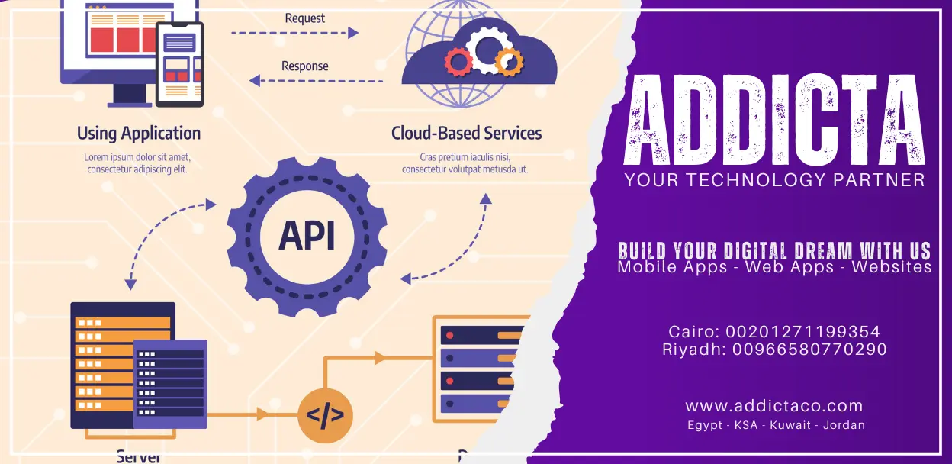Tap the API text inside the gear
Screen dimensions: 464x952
307,236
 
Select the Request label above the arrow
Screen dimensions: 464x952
305,18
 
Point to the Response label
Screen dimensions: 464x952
305,66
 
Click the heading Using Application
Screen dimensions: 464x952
139,134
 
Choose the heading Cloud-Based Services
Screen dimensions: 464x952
466,134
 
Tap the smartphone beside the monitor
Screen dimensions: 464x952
179,64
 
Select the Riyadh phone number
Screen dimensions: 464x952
810,350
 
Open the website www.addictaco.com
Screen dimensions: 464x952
774,406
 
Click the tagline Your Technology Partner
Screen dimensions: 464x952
774,180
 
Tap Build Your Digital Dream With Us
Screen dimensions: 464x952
774,250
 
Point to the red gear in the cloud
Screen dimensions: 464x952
458,61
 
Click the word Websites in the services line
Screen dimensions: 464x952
892,267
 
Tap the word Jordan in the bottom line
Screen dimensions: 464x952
844,425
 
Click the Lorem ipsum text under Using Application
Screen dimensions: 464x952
137,163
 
